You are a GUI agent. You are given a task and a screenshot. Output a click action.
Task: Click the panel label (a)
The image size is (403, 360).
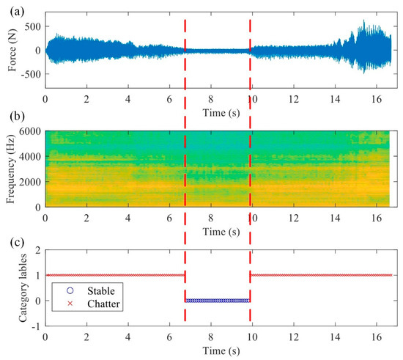pyautogui.click(x=12, y=7)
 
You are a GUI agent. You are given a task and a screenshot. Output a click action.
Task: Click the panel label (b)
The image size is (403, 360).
pyautogui.click(x=12, y=115)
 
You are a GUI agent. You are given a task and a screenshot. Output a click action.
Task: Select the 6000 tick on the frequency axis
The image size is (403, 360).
pyautogui.click(x=30, y=131)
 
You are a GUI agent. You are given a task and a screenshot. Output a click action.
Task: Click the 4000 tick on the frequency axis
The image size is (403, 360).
pyautogui.click(x=30, y=156)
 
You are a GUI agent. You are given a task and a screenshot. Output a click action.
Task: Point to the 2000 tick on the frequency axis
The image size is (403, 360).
pyautogui.click(x=30, y=182)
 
